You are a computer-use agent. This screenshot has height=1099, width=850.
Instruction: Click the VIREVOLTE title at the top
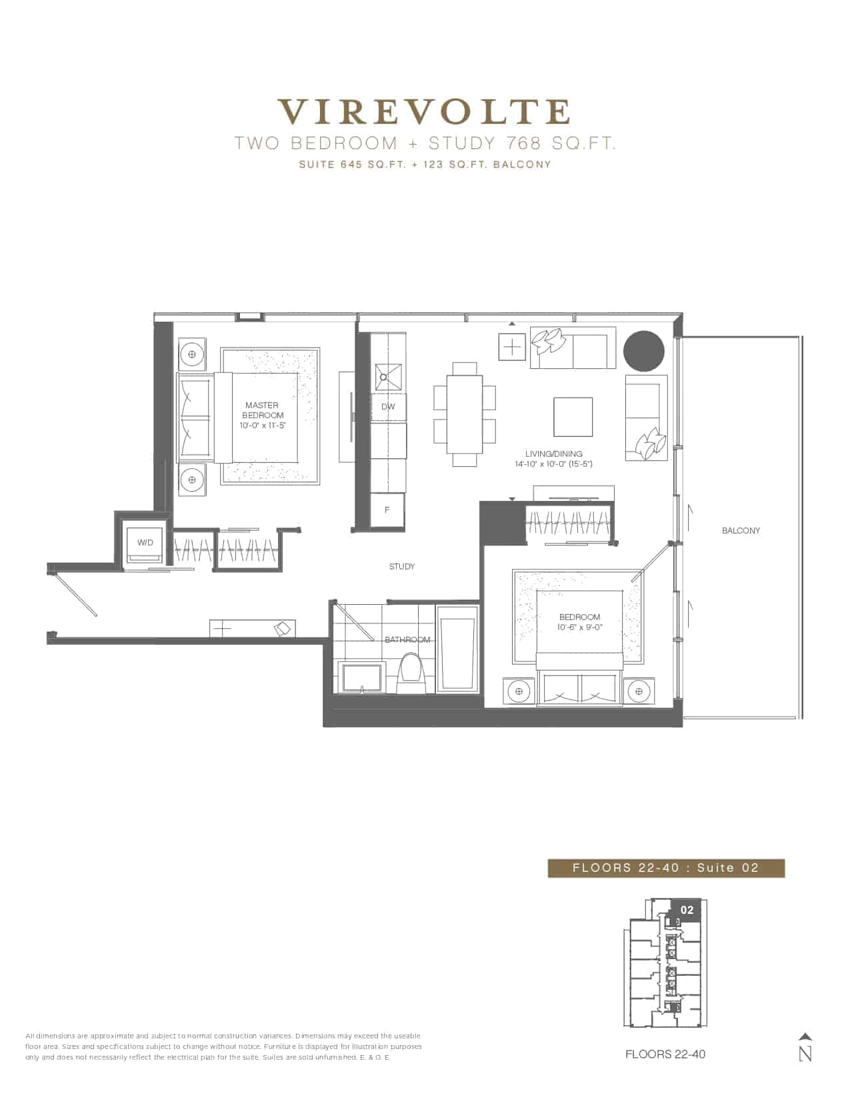coord(425,112)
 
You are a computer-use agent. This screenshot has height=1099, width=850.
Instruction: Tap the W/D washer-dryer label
coord(145,543)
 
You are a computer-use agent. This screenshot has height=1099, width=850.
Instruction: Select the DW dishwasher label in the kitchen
coord(388,406)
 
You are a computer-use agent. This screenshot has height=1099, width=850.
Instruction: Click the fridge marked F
coord(387,510)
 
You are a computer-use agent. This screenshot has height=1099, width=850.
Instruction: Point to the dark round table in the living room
coord(643,351)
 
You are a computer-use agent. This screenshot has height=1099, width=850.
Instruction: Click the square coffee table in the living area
coord(573,417)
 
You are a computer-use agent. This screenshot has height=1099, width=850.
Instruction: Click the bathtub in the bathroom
coord(457,649)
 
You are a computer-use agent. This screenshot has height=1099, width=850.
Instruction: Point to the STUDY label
coord(402,566)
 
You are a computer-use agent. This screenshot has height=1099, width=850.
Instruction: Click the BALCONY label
coord(741,531)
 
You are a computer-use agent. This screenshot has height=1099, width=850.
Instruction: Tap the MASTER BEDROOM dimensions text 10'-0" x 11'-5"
coord(263,426)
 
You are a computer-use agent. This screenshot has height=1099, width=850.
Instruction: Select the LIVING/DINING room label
coord(554,454)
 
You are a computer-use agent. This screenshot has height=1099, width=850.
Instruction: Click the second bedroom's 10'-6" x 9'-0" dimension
coord(579,627)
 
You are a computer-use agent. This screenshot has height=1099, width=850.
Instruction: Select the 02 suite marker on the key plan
coord(687,911)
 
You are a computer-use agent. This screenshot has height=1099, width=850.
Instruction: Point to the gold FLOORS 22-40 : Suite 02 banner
coord(666,868)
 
